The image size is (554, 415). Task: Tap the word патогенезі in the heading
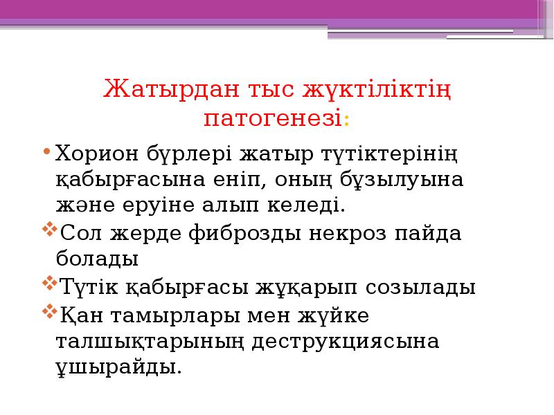click(272, 118)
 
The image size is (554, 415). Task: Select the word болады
click(97, 260)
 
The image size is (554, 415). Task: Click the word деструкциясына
click(345, 342)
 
